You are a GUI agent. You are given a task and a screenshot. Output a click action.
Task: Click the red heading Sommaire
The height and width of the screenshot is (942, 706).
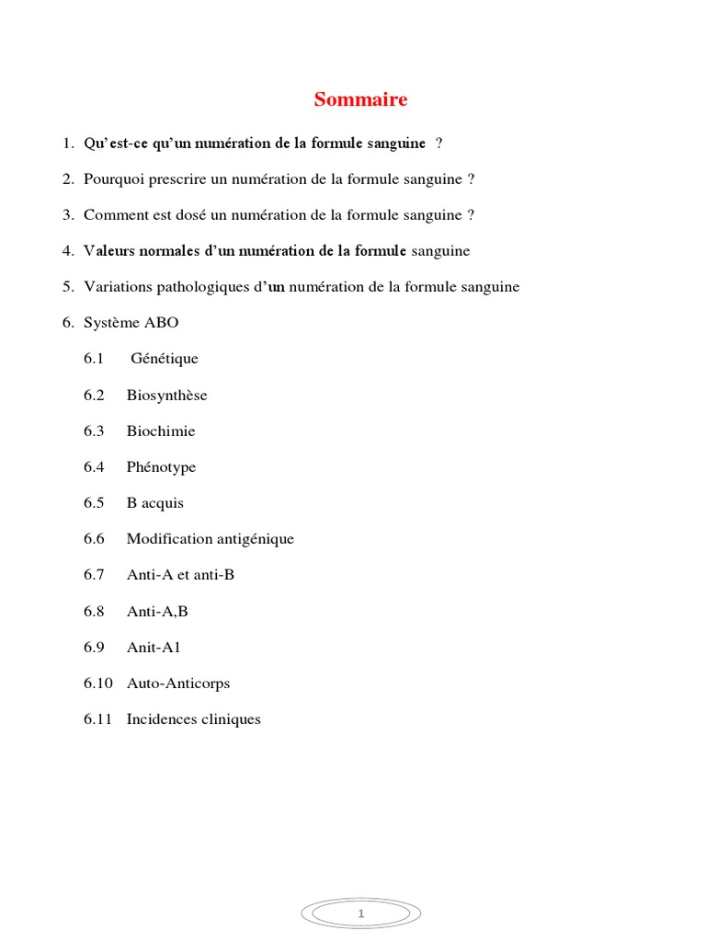(x=360, y=99)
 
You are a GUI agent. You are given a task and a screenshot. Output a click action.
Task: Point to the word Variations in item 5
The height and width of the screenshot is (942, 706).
(x=114, y=287)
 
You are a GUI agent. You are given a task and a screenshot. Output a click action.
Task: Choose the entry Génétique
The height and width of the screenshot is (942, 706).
(x=165, y=359)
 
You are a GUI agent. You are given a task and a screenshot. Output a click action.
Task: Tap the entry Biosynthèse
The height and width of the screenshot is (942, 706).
(x=167, y=396)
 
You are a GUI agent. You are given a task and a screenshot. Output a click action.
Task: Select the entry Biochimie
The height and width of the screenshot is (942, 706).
(x=161, y=431)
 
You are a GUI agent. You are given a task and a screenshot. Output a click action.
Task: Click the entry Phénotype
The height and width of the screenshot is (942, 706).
(x=162, y=467)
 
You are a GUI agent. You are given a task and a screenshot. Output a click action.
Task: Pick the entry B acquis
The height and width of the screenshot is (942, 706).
(x=155, y=503)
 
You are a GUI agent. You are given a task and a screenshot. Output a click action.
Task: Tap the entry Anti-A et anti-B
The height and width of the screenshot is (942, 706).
(x=181, y=575)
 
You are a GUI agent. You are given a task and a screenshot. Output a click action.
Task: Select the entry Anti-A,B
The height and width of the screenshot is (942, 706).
(x=157, y=611)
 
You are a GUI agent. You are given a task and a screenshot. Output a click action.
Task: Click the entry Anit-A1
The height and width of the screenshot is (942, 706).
(x=154, y=647)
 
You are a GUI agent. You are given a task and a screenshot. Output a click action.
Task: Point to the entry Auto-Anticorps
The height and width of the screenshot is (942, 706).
(x=178, y=684)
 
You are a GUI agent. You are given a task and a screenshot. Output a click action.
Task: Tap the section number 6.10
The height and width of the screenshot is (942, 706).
(x=97, y=684)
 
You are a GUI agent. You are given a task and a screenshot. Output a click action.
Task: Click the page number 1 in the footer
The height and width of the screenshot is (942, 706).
(x=361, y=914)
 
